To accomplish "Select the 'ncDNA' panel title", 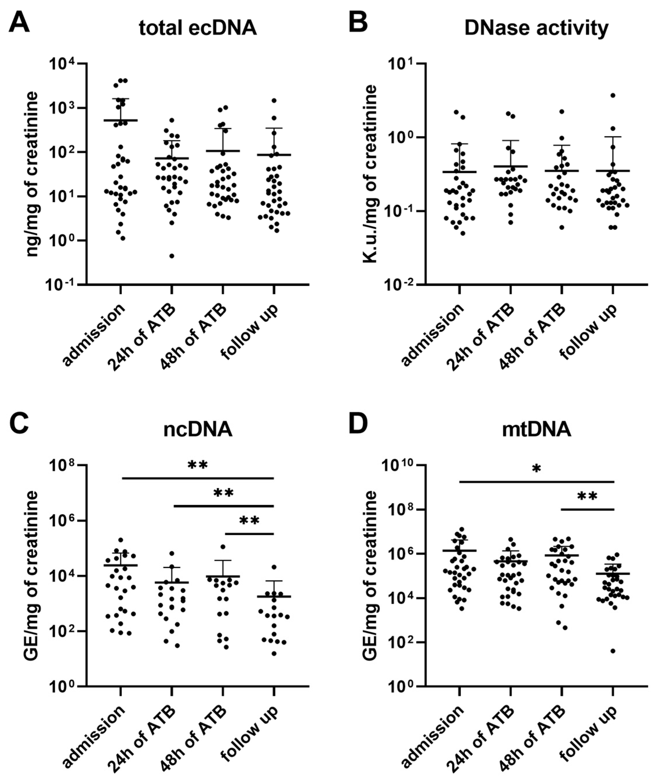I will (x=198, y=430).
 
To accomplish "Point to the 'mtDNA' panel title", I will (x=536, y=430).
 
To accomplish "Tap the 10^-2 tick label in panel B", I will (x=400, y=285).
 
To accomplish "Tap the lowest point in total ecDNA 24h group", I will (x=172, y=256).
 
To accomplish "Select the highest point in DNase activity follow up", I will (x=613, y=95).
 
